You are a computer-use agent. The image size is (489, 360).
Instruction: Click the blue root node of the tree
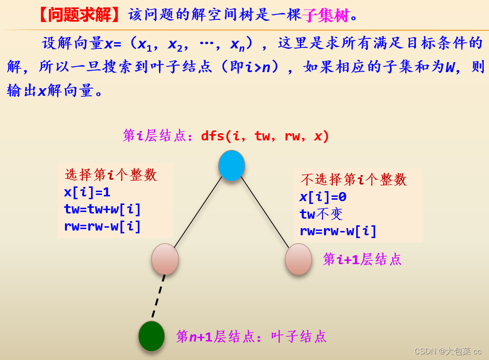click(231, 166)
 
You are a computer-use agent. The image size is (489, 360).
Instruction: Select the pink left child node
click(165, 259)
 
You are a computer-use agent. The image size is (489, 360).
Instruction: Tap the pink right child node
click(298, 259)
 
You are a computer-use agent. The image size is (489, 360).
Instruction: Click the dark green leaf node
click(151, 336)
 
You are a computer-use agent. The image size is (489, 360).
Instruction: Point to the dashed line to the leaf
click(158, 296)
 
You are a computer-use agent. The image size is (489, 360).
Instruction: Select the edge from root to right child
click(265, 212)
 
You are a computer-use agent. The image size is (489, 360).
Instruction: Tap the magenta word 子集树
click(326, 16)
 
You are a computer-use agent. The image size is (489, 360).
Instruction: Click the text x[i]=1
click(87, 192)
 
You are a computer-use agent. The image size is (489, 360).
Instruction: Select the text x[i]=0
click(323, 197)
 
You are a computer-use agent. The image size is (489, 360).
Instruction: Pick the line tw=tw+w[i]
click(102, 209)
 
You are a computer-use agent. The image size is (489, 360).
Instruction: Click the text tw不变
click(321, 214)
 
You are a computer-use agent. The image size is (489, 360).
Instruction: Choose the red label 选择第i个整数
click(111, 175)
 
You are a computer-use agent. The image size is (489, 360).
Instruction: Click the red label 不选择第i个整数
click(353, 179)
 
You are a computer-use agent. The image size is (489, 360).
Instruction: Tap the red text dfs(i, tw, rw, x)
click(265, 136)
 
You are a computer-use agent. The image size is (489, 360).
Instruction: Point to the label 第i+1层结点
click(362, 259)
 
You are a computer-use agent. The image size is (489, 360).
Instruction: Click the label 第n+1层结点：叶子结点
click(251, 337)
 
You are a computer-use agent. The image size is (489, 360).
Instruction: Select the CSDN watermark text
click(447, 351)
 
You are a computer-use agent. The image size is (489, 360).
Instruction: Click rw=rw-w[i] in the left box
click(102, 226)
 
